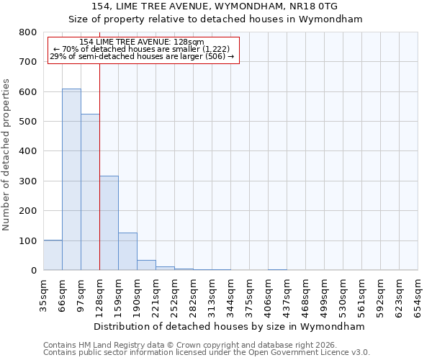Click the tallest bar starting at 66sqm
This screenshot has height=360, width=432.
[x=71, y=180]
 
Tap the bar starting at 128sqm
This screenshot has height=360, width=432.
[x=109, y=223]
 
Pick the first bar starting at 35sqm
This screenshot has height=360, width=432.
[x=53, y=255]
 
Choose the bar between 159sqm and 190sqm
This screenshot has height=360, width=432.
[x=127, y=251]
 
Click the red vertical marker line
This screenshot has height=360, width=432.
[x=99, y=158]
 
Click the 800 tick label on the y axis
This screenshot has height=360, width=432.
[x=28, y=32]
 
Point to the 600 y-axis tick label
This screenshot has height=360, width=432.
[x=28, y=92]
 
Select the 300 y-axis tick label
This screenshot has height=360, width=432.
[x=28, y=181]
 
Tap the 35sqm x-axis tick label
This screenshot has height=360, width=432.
[x=43, y=294]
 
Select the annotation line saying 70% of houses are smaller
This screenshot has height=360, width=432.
[x=141, y=49]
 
